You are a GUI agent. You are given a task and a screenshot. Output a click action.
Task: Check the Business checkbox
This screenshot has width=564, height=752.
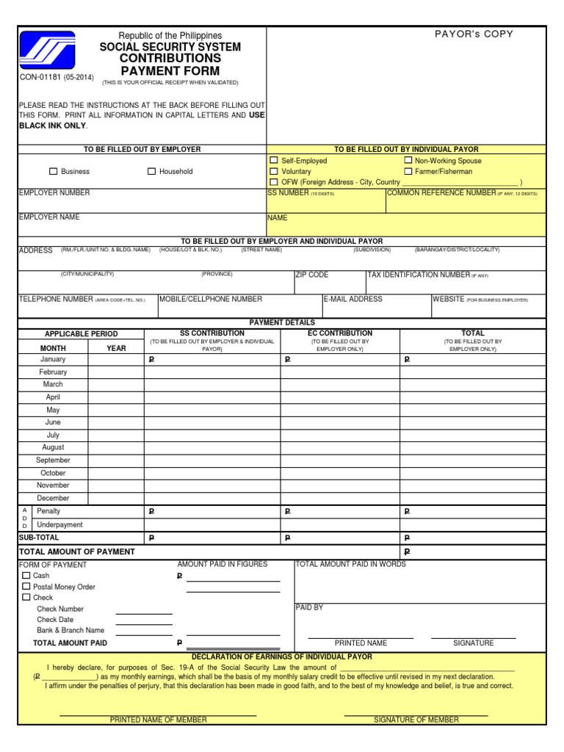[x=53, y=172]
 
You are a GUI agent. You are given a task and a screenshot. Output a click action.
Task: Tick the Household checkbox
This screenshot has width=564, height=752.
[x=151, y=172]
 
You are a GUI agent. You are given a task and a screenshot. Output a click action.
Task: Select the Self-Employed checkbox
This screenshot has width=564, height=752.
[x=274, y=160]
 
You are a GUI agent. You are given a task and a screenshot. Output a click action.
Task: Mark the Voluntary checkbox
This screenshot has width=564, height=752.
[x=274, y=171]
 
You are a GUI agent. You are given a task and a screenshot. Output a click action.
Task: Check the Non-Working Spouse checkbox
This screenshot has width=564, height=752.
[x=408, y=160]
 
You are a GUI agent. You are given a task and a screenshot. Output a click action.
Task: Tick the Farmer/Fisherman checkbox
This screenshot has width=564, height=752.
[x=408, y=171]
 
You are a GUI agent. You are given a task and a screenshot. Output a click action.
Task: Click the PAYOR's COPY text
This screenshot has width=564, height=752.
[x=474, y=34]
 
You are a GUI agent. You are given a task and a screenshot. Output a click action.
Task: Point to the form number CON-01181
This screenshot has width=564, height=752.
[x=40, y=77]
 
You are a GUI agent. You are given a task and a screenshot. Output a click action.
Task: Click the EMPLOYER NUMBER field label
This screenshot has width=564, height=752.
[x=54, y=193]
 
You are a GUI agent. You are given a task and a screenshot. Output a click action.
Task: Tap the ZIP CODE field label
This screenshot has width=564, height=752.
[x=312, y=275]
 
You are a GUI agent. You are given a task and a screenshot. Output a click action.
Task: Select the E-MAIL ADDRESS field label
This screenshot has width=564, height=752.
[x=353, y=300]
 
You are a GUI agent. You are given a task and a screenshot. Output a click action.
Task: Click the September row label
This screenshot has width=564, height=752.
[x=53, y=460]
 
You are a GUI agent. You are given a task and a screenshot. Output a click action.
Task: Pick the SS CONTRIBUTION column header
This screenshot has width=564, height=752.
[x=211, y=333]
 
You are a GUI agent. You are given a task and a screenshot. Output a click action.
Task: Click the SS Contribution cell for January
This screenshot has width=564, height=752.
[x=211, y=360]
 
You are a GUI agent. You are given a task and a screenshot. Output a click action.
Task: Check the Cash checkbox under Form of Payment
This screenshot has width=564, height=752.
[x=26, y=576]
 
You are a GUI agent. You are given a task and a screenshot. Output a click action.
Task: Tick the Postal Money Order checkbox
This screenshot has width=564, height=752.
[x=26, y=587]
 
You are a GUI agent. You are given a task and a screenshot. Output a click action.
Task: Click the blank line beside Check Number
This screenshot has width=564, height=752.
[x=144, y=610]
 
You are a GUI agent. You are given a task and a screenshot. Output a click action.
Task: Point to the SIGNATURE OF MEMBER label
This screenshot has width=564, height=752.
[x=416, y=720]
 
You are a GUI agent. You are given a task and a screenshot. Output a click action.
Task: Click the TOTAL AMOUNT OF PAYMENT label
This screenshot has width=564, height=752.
[x=76, y=552]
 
